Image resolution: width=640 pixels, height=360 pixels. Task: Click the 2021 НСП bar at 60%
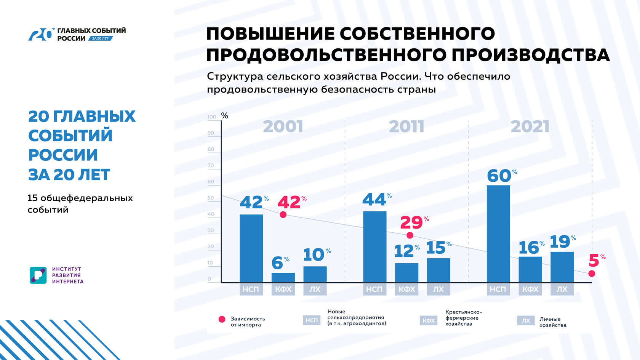pyautogui.click(x=498, y=234)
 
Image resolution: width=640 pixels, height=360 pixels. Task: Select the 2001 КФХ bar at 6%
pyautogui.click(x=283, y=278)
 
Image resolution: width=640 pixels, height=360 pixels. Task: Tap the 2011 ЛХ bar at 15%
pyautogui.click(x=438, y=270)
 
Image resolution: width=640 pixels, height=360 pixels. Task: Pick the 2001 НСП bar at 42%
pyautogui.click(x=251, y=248)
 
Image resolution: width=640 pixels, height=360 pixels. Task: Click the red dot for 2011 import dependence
pyautogui.click(x=410, y=235)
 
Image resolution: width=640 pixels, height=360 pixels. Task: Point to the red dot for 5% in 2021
pyautogui.click(x=592, y=274)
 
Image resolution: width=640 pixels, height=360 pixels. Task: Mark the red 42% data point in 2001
pyautogui.click(x=283, y=214)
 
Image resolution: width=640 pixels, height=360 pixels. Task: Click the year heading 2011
pyautogui.click(x=406, y=127)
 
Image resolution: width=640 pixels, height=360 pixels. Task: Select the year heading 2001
pyautogui.click(x=283, y=127)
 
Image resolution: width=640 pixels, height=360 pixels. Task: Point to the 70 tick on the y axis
pyautogui.click(x=211, y=166)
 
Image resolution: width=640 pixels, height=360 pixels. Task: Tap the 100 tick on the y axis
pyautogui.click(x=212, y=117)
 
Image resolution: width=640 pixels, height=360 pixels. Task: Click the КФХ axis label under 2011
pyautogui.click(x=407, y=290)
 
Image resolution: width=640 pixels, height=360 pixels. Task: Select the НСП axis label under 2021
pyautogui.click(x=498, y=290)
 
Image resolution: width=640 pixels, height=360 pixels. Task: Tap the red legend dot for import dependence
pyautogui.click(x=222, y=320)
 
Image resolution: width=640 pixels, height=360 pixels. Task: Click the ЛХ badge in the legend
pyautogui.click(x=526, y=321)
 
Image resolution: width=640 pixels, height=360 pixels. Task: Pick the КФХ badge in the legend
pyautogui.click(x=429, y=321)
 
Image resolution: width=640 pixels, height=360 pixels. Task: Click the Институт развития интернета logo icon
pyautogui.click(x=38, y=275)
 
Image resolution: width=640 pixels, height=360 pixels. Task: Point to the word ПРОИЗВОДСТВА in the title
pyautogui.click(x=531, y=55)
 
